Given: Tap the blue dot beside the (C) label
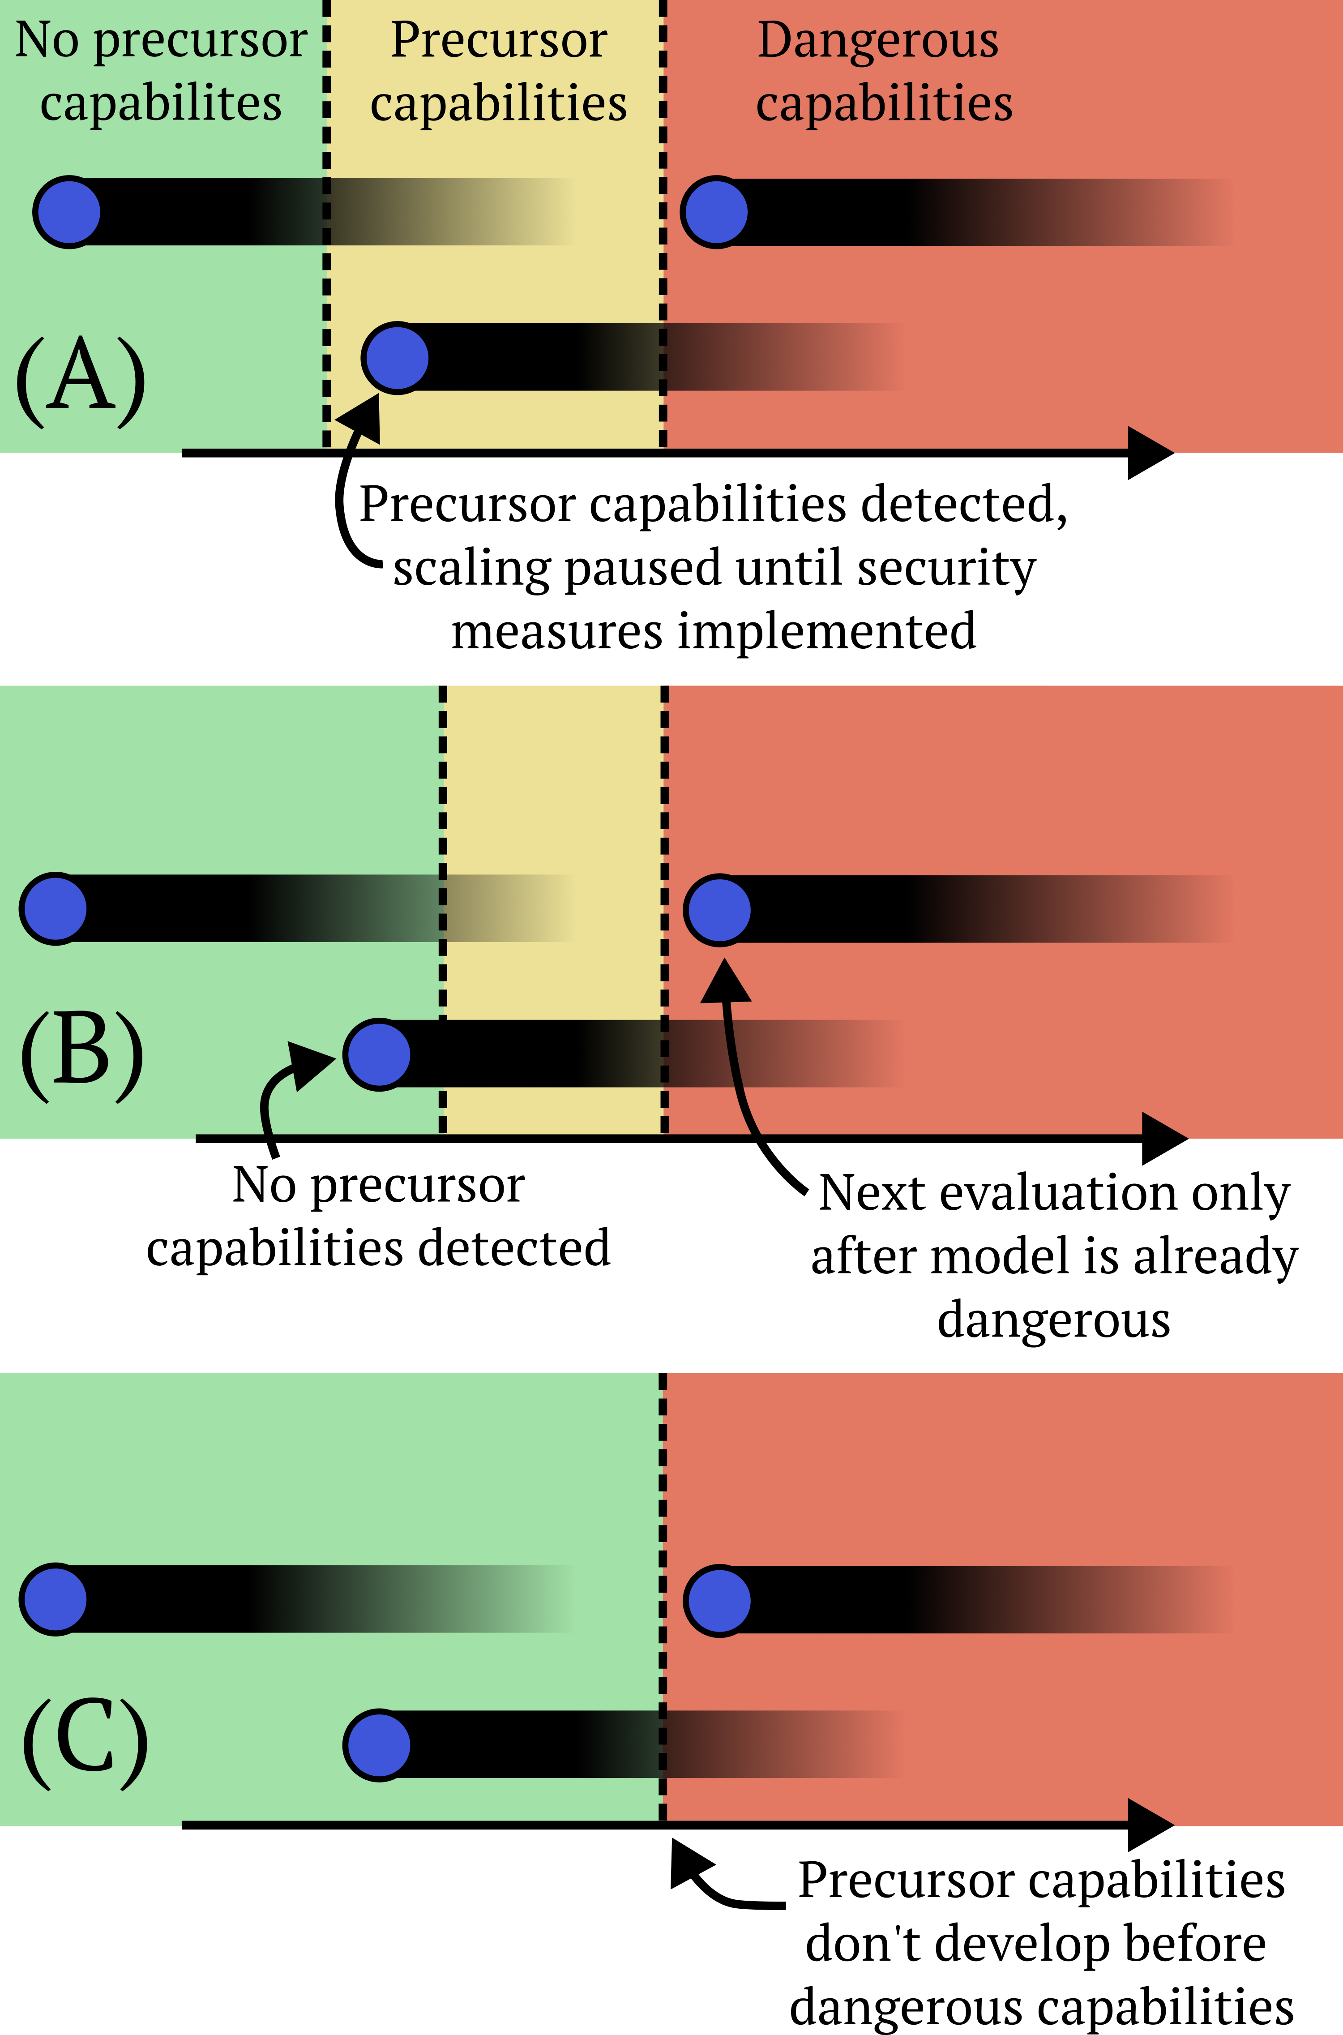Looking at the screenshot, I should coord(378,1745).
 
